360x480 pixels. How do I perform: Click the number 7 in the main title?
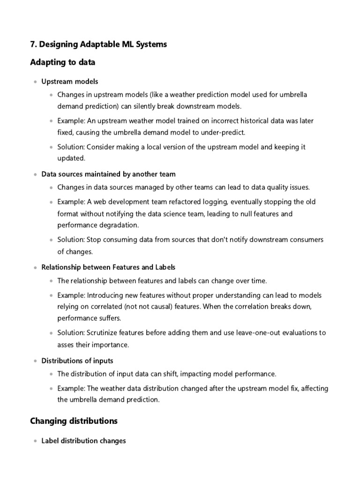(33, 45)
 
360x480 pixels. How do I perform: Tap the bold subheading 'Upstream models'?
(70, 82)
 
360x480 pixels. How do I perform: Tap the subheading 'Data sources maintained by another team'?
(109, 174)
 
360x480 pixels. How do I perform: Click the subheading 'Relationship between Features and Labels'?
(109, 267)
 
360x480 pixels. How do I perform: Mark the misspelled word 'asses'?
(66, 345)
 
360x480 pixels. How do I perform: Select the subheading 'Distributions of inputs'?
(77, 361)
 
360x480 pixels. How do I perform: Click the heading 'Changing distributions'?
(74, 421)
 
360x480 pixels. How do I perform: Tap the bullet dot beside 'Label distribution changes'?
(35, 442)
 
